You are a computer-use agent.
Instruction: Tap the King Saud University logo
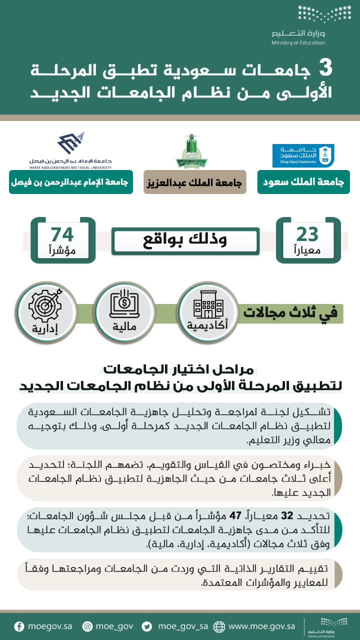(x=303, y=156)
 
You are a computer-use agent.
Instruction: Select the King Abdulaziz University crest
(x=191, y=150)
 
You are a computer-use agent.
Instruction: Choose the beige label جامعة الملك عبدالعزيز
(x=195, y=182)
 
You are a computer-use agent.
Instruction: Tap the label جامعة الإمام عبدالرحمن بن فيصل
(x=69, y=182)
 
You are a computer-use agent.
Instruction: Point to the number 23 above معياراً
(x=307, y=234)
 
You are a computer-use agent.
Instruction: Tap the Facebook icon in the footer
(x=19, y=626)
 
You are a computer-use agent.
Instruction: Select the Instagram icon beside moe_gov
(x=87, y=626)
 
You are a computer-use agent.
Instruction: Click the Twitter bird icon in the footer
(x=147, y=626)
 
